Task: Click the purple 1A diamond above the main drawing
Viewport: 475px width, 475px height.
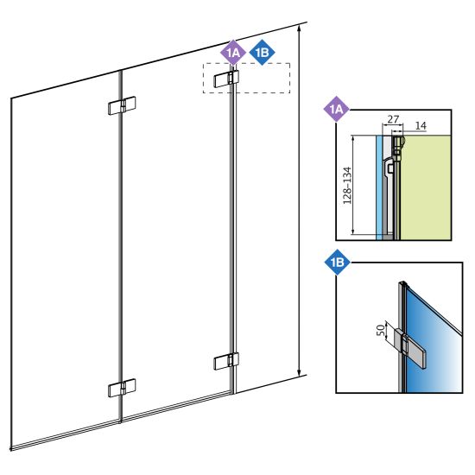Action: pyautogui.click(x=233, y=53)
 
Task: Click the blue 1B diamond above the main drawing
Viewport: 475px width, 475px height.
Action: pyautogui.click(x=262, y=53)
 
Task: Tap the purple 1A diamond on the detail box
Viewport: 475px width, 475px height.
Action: pyautogui.click(x=336, y=109)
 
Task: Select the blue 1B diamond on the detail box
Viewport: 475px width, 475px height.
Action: pyautogui.click(x=337, y=262)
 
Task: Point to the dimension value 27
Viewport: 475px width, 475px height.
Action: pyautogui.click(x=393, y=119)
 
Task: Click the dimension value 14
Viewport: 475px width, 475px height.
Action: pyautogui.click(x=421, y=125)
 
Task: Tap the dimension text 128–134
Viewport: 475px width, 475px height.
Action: pyautogui.click(x=347, y=186)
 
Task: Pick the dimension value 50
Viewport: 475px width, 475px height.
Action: pyautogui.click(x=381, y=329)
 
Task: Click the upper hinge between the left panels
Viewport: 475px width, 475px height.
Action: pyautogui.click(x=122, y=105)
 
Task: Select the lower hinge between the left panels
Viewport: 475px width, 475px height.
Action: pyautogui.click(x=122, y=388)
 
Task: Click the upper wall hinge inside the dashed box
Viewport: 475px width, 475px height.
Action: pyautogui.click(x=226, y=79)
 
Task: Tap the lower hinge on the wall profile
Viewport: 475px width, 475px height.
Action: pyautogui.click(x=226, y=361)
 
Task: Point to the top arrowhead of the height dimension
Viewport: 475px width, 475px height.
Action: pyautogui.click(x=300, y=29)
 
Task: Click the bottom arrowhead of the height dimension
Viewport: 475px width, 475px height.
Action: pyautogui.click(x=300, y=371)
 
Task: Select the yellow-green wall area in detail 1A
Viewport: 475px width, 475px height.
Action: pyautogui.click(x=426, y=187)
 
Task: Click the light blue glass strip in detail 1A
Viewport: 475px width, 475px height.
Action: pyautogui.click(x=378, y=187)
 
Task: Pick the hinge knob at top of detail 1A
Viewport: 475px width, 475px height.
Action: pyautogui.click(x=399, y=145)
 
